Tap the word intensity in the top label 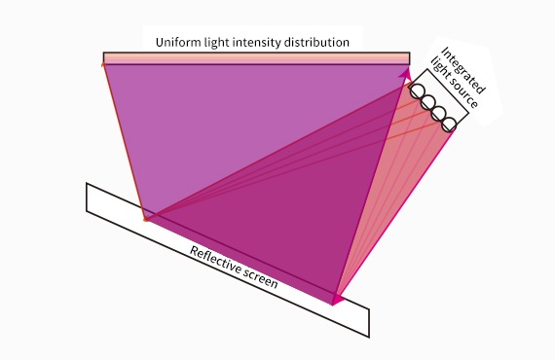tap(259, 42)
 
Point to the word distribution tap(318, 42)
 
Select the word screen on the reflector tap(261, 280)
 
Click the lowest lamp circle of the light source tap(449, 124)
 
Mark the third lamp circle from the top tap(438, 113)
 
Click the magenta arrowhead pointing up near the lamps tap(406, 72)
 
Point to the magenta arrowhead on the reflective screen tap(337, 298)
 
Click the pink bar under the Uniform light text tap(252, 58)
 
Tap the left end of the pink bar tap(105, 58)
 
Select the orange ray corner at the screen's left tap(146, 219)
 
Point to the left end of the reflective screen tap(89, 196)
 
